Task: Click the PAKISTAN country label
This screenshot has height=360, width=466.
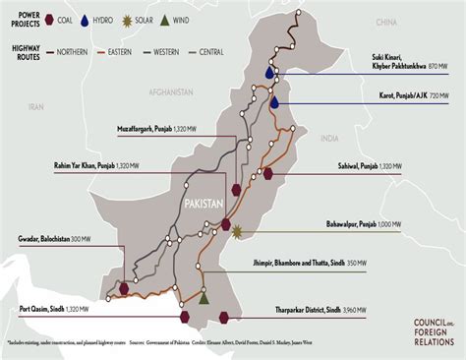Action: point(204,202)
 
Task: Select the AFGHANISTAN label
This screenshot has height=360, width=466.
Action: point(170,91)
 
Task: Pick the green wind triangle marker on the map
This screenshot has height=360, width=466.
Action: point(204,297)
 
